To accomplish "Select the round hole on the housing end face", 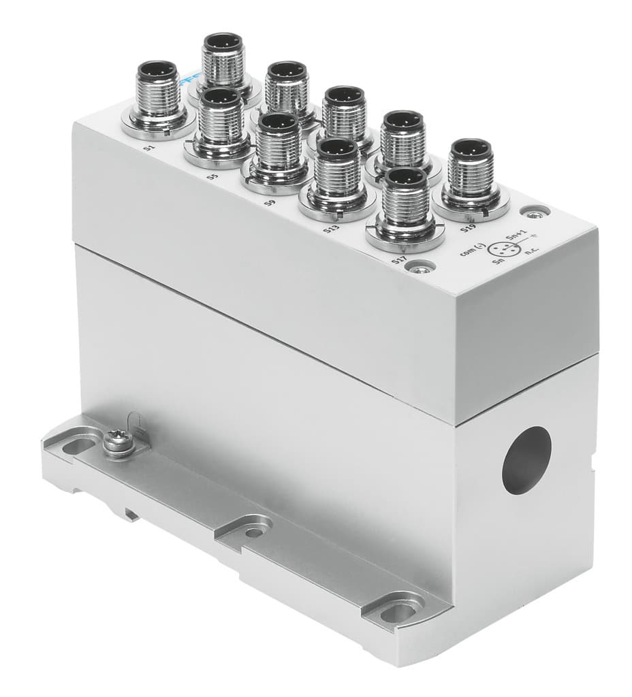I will coord(526,459).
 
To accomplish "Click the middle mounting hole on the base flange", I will coord(254,531).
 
